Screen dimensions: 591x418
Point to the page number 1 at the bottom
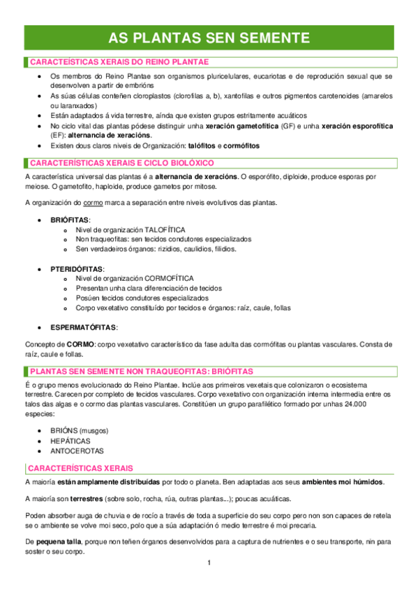pyautogui.click(x=209, y=562)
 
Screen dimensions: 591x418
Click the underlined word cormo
pyautogui.click(x=93, y=202)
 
